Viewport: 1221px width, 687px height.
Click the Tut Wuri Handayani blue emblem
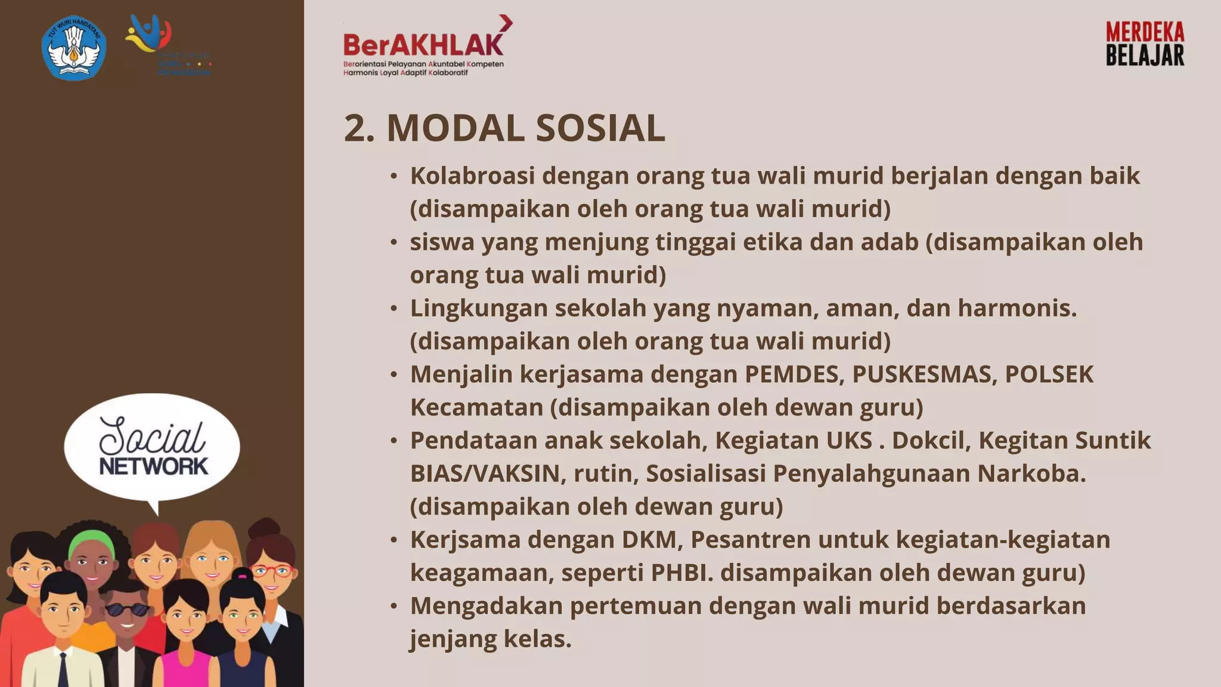coord(74,48)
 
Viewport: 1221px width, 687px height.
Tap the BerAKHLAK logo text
coord(423,45)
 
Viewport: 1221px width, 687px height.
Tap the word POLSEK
coord(1049,375)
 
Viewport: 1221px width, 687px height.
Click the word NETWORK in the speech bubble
coord(154,466)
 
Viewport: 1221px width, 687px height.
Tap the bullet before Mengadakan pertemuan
coord(393,606)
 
